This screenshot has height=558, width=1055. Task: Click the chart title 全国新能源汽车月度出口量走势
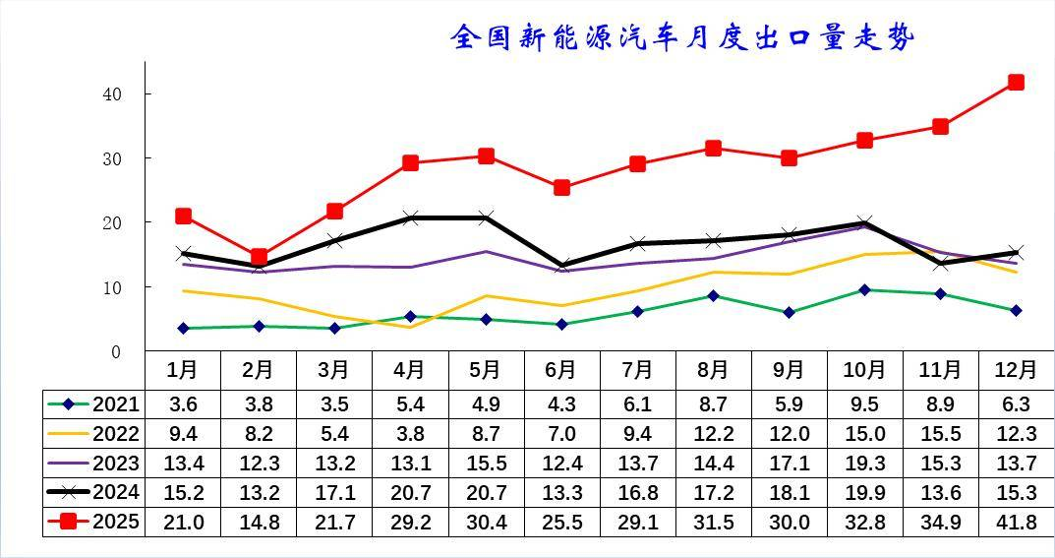tap(682, 37)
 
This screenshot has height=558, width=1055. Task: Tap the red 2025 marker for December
tap(1016, 83)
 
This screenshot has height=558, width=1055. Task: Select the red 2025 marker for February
tap(259, 257)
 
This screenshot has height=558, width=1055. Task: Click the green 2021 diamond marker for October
tap(864, 290)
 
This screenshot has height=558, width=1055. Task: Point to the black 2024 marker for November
tap(940, 264)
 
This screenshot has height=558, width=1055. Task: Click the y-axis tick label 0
tap(116, 352)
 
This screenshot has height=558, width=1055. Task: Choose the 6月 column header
tap(560, 370)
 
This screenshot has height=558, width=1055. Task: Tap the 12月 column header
tap(1016, 370)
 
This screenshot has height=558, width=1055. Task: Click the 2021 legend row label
tap(116, 403)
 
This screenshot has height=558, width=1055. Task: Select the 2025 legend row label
tap(116, 522)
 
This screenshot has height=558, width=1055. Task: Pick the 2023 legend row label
tap(116, 463)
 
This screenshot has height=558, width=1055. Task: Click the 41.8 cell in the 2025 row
tap(1016, 523)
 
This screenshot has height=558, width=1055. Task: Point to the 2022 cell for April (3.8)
tap(410, 434)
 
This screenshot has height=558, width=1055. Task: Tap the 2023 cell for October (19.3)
tap(864, 464)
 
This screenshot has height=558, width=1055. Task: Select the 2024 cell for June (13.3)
tap(560, 493)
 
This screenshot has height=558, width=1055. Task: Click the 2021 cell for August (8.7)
tap(713, 404)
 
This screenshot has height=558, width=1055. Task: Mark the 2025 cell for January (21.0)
tap(183, 523)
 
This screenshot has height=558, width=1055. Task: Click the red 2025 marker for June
tap(561, 187)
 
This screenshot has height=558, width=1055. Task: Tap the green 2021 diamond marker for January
tap(183, 328)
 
